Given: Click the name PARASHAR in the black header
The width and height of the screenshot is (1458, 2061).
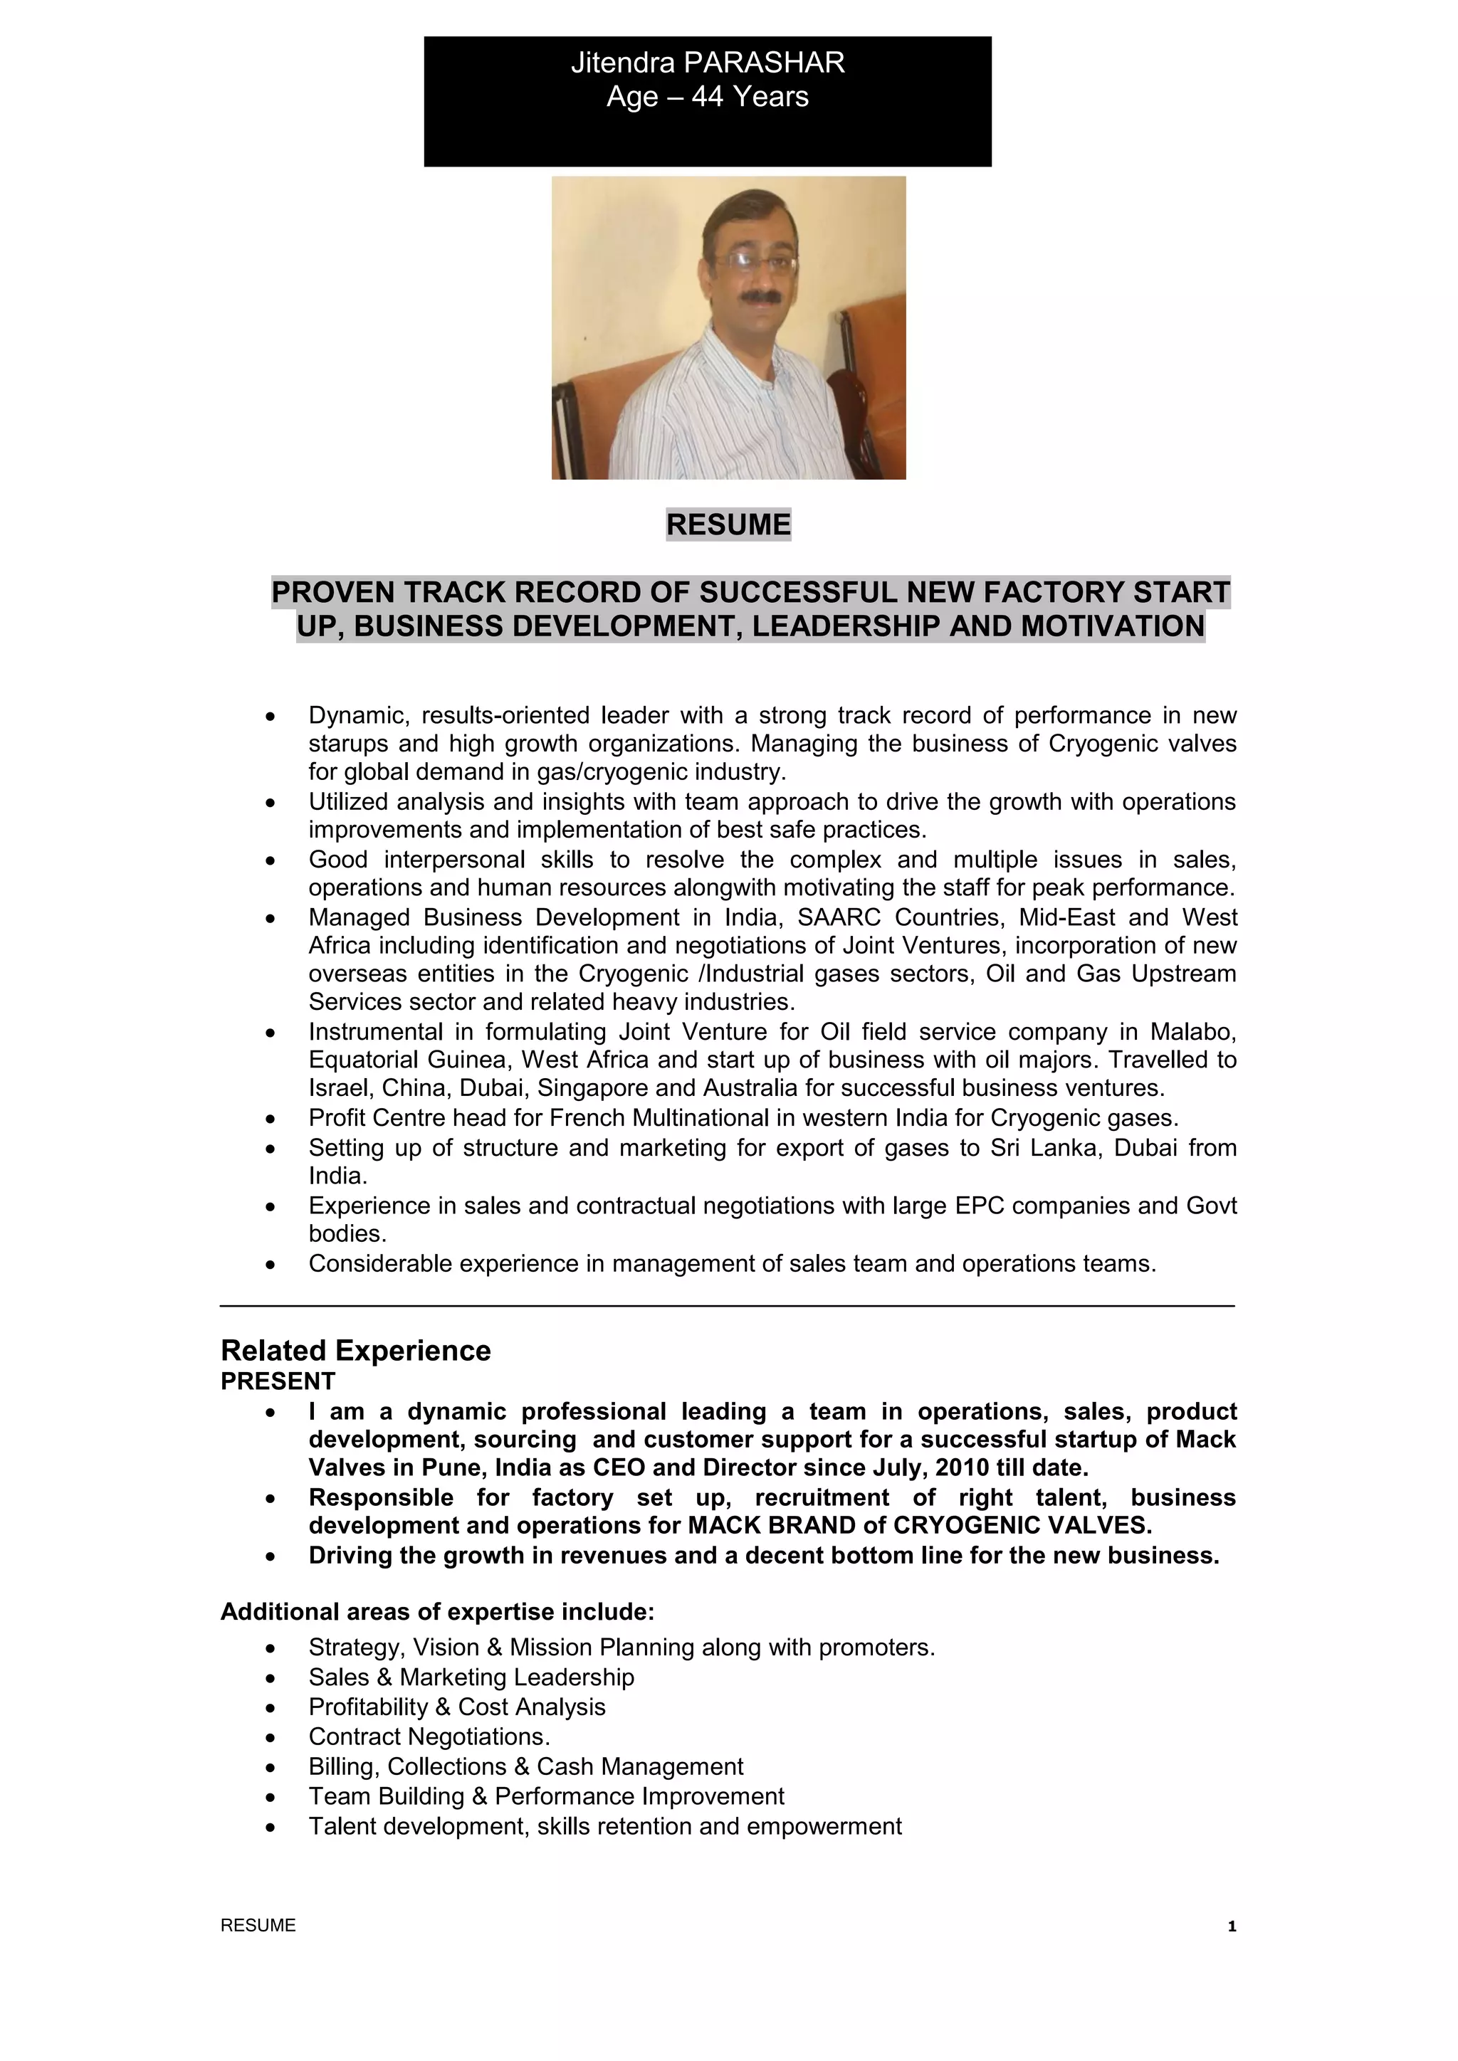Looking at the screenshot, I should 764,63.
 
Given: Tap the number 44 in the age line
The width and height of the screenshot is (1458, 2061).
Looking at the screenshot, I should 708,97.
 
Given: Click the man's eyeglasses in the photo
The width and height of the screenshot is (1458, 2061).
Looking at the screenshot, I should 749,260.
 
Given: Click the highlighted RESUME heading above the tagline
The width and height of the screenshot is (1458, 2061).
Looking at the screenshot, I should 728,525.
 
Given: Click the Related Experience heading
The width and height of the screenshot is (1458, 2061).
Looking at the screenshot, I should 355,1351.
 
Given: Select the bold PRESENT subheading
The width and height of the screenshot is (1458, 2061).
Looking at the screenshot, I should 278,1381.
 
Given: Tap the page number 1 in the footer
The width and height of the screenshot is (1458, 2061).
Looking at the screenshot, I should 1232,1926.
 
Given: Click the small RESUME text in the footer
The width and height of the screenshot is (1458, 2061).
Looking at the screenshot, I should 258,1926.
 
